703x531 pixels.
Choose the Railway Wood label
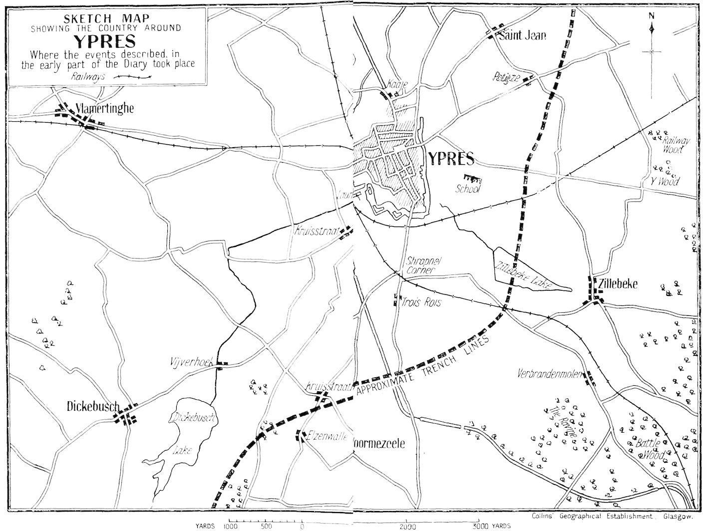click(676, 144)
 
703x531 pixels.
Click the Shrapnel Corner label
click(420, 265)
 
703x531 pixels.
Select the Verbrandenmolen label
click(550, 373)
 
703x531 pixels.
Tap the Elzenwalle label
click(327, 436)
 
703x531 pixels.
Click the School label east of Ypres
click(468, 189)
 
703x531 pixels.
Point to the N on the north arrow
click(652, 15)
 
